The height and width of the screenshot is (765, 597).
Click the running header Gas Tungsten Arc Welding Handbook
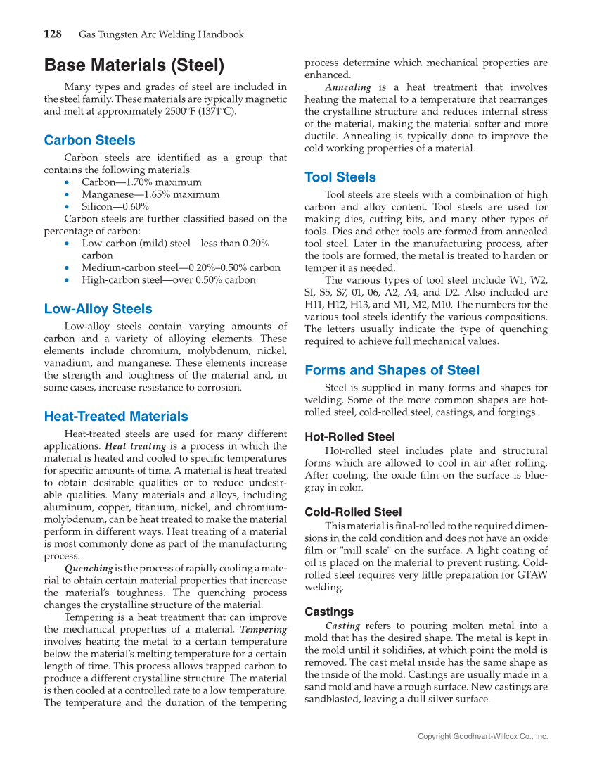161,34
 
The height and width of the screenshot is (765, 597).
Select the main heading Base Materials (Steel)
134,66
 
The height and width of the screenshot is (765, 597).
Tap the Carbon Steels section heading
89,140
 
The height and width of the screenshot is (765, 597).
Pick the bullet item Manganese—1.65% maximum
150,194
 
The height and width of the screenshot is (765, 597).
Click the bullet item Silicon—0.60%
115,207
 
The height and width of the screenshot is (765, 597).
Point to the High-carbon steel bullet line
168,280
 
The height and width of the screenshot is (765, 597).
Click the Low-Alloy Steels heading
98,309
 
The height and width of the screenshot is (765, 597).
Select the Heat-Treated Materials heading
116,417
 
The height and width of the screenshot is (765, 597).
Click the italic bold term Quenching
89,569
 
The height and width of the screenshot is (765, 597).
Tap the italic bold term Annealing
348,87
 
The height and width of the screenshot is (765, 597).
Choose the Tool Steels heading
340,177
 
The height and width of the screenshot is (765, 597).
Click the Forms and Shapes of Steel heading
392,370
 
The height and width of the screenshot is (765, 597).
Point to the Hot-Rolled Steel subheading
349,437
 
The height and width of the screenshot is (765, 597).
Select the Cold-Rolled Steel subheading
353,512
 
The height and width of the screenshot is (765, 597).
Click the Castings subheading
329,612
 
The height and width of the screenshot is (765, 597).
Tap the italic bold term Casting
342,626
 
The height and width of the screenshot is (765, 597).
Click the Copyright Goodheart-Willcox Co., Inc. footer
482,736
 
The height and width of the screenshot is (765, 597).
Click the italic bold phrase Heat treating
136,446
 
